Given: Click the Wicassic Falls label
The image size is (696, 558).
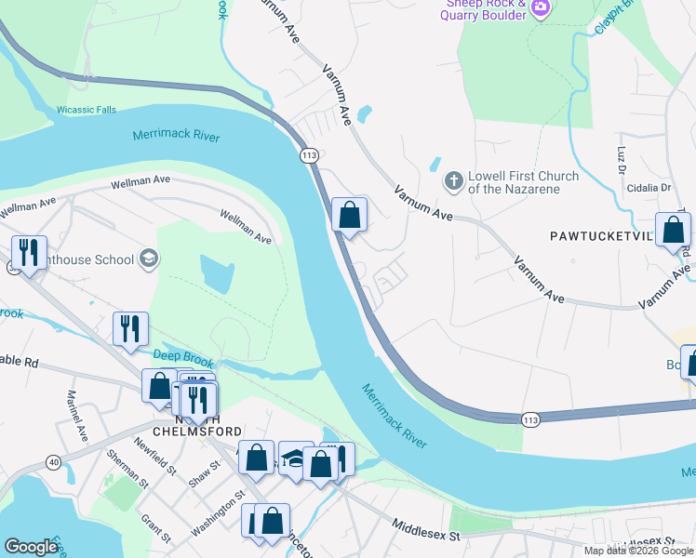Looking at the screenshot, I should [x=86, y=110].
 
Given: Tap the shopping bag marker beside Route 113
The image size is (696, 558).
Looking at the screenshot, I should [x=349, y=216].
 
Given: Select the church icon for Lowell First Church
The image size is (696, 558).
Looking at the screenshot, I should [x=453, y=180].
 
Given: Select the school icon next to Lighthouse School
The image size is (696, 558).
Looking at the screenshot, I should [x=147, y=259].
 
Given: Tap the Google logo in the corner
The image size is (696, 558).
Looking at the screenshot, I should [x=31, y=547].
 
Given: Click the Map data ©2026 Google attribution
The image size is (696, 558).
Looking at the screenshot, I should [x=638, y=551].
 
